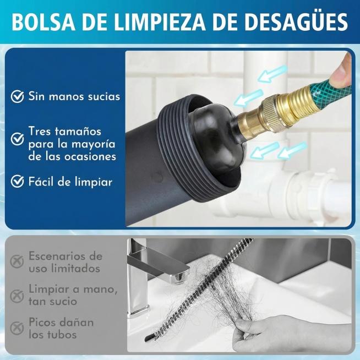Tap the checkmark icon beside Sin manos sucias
[18, 97]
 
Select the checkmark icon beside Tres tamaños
[18, 138]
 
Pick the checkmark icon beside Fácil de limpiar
[18, 181]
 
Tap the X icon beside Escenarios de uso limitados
[18, 261]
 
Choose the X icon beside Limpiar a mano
[18, 294]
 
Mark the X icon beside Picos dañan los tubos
[18, 328]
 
